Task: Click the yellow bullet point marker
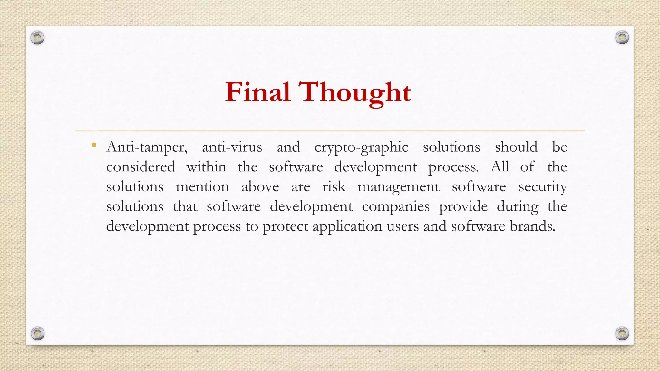(x=94, y=145)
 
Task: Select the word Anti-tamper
(x=147, y=147)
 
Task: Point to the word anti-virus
(x=232, y=147)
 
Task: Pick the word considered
(x=141, y=167)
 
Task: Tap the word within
(x=206, y=167)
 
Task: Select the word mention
(x=202, y=187)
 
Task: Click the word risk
(x=334, y=187)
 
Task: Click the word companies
(x=396, y=207)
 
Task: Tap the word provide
(x=463, y=207)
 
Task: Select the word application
(x=347, y=226)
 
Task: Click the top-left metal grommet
(x=37, y=38)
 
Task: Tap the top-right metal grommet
(x=622, y=38)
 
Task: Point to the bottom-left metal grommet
(x=37, y=333)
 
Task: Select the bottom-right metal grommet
(x=622, y=333)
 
